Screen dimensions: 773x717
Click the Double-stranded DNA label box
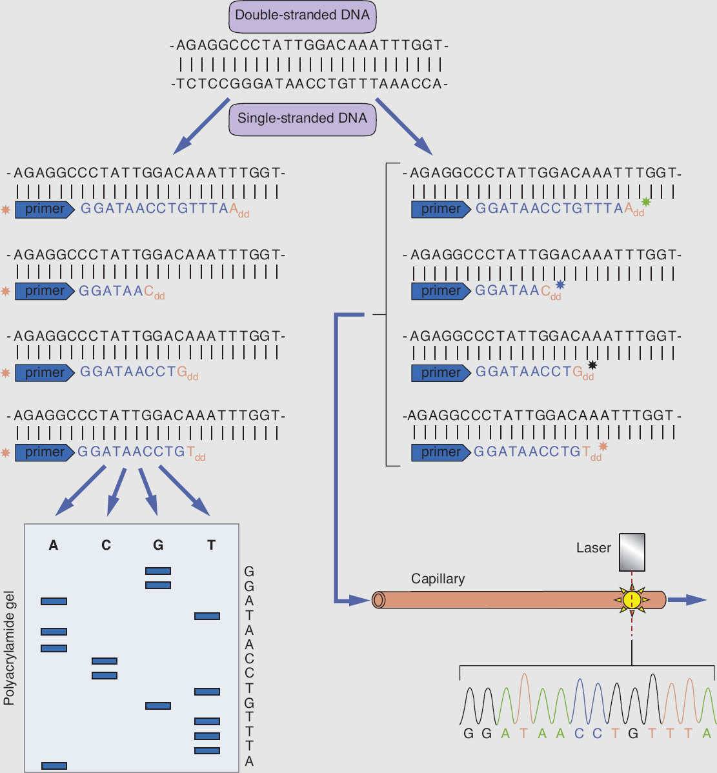pos(302,15)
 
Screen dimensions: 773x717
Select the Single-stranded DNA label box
pos(302,119)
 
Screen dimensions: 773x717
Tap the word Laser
pos(593,548)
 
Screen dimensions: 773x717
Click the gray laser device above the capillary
pos(632,552)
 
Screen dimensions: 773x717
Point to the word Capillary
pos(438,579)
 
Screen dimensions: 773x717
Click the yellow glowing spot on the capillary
pos(632,600)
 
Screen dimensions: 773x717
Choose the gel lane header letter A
pos(54,545)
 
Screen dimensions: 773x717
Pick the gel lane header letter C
pos(106,545)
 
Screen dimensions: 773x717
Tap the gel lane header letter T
pos(211,545)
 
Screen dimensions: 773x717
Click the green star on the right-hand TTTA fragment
pos(646,203)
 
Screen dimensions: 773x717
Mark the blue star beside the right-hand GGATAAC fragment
pos(560,285)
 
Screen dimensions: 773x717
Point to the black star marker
pos(592,366)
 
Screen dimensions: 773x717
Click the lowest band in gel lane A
pos(54,765)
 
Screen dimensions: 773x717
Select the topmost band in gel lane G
pos(158,571)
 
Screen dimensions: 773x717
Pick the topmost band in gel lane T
pos(207,616)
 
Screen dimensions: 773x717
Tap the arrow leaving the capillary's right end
pos(687,600)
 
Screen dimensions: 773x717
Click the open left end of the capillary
pos(379,600)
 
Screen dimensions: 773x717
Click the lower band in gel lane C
pos(105,676)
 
